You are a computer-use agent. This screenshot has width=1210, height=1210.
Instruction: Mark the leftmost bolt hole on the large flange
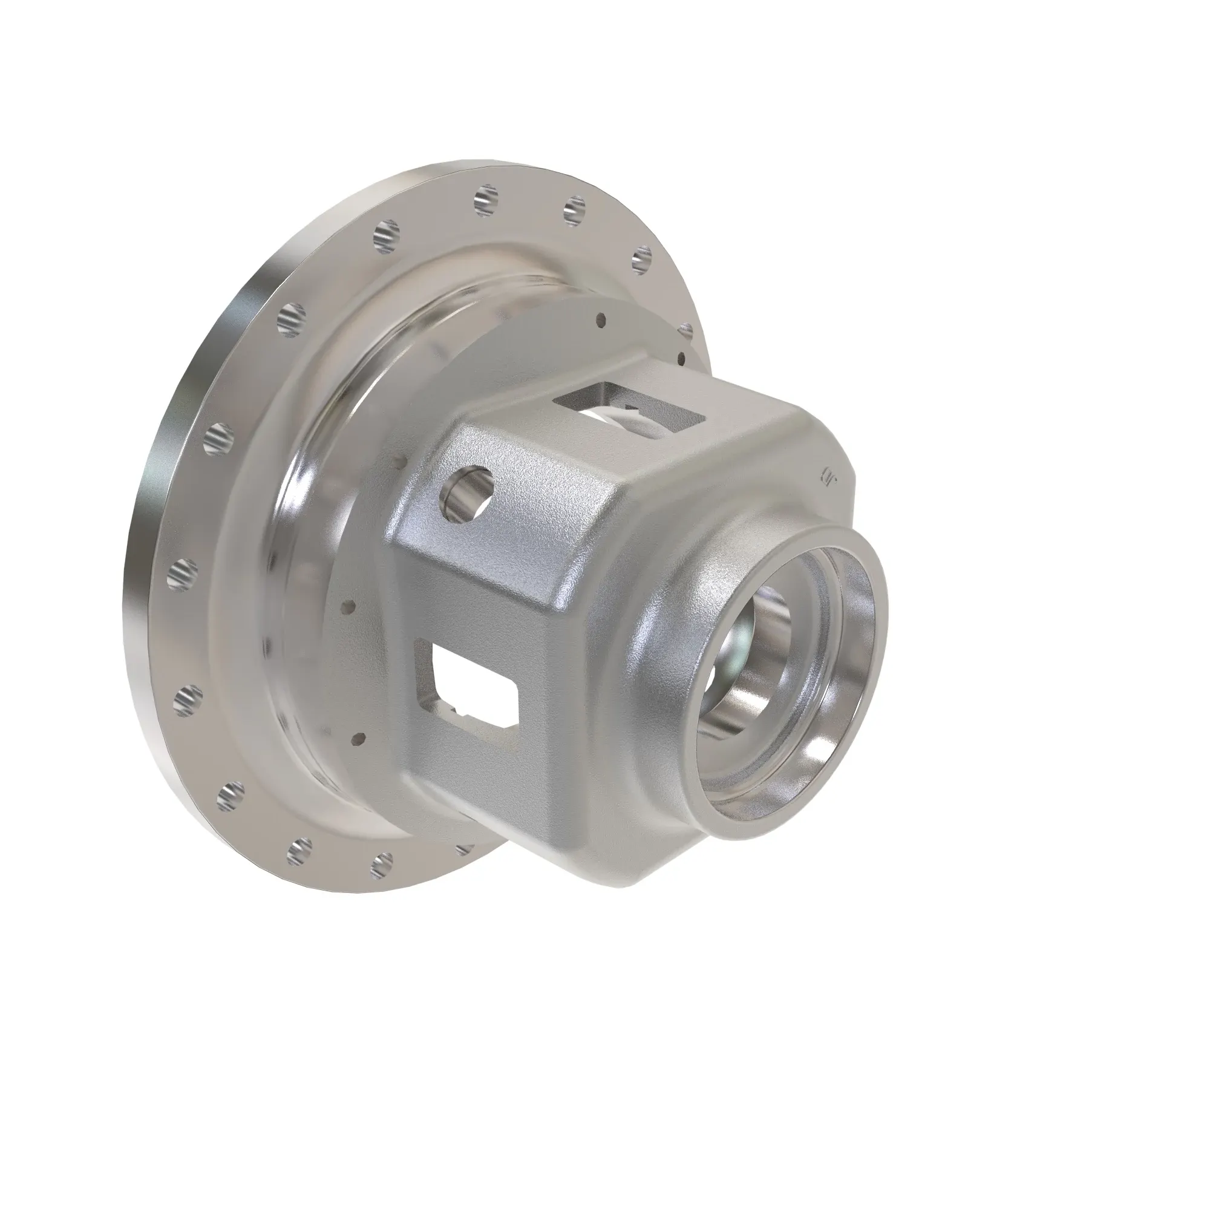tap(181, 571)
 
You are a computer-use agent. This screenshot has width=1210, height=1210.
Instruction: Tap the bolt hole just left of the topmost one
tap(386, 234)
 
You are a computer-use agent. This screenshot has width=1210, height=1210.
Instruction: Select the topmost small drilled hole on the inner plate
tap(601, 319)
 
